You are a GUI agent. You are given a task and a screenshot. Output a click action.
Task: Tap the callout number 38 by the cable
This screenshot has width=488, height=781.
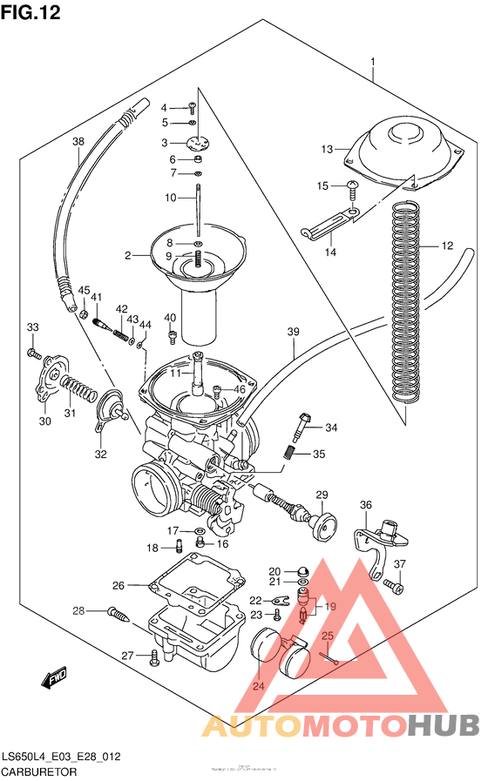(78, 142)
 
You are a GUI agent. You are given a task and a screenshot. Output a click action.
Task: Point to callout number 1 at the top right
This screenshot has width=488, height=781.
(372, 63)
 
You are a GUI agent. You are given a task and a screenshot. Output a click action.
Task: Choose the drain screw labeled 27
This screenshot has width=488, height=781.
(155, 656)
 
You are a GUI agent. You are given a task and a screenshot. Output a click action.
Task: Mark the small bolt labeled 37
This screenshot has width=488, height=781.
(394, 589)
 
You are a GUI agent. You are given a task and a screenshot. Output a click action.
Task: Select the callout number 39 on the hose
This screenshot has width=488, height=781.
(293, 332)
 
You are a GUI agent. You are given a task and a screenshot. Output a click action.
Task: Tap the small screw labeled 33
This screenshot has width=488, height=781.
(33, 353)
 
